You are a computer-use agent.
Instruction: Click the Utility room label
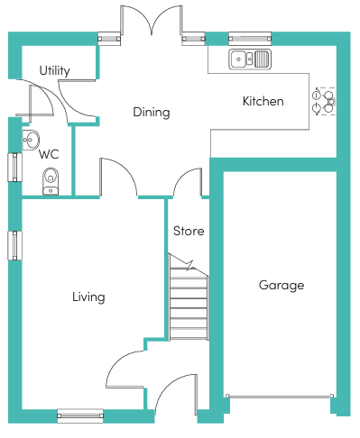pyautogui.click(x=55, y=71)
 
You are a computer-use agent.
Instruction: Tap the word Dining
pyautogui.click(x=152, y=113)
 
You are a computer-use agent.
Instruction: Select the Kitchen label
pyautogui.click(x=263, y=101)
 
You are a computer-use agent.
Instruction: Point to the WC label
pyautogui.click(x=49, y=154)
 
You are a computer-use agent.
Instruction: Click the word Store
pyautogui.click(x=189, y=231)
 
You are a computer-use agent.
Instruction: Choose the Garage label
pyautogui.click(x=282, y=285)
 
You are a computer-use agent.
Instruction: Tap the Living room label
pyautogui.click(x=88, y=297)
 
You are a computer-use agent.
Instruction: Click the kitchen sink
pyautogui.click(x=250, y=59)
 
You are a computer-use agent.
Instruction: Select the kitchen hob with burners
pyautogui.click(x=324, y=101)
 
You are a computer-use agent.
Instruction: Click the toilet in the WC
pyautogui.click(x=51, y=181)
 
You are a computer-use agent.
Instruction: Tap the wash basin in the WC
pyautogui.click(x=31, y=140)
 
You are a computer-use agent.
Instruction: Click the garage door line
pyautogui.click(x=280, y=397)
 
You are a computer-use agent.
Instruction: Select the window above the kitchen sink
pyautogui.click(x=250, y=39)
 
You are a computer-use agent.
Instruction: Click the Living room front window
pyautogui.click(x=80, y=416)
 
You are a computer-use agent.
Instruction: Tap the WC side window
pyautogui.click(x=14, y=168)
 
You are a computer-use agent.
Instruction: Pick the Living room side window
pyautogui.click(x=14, y=245)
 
